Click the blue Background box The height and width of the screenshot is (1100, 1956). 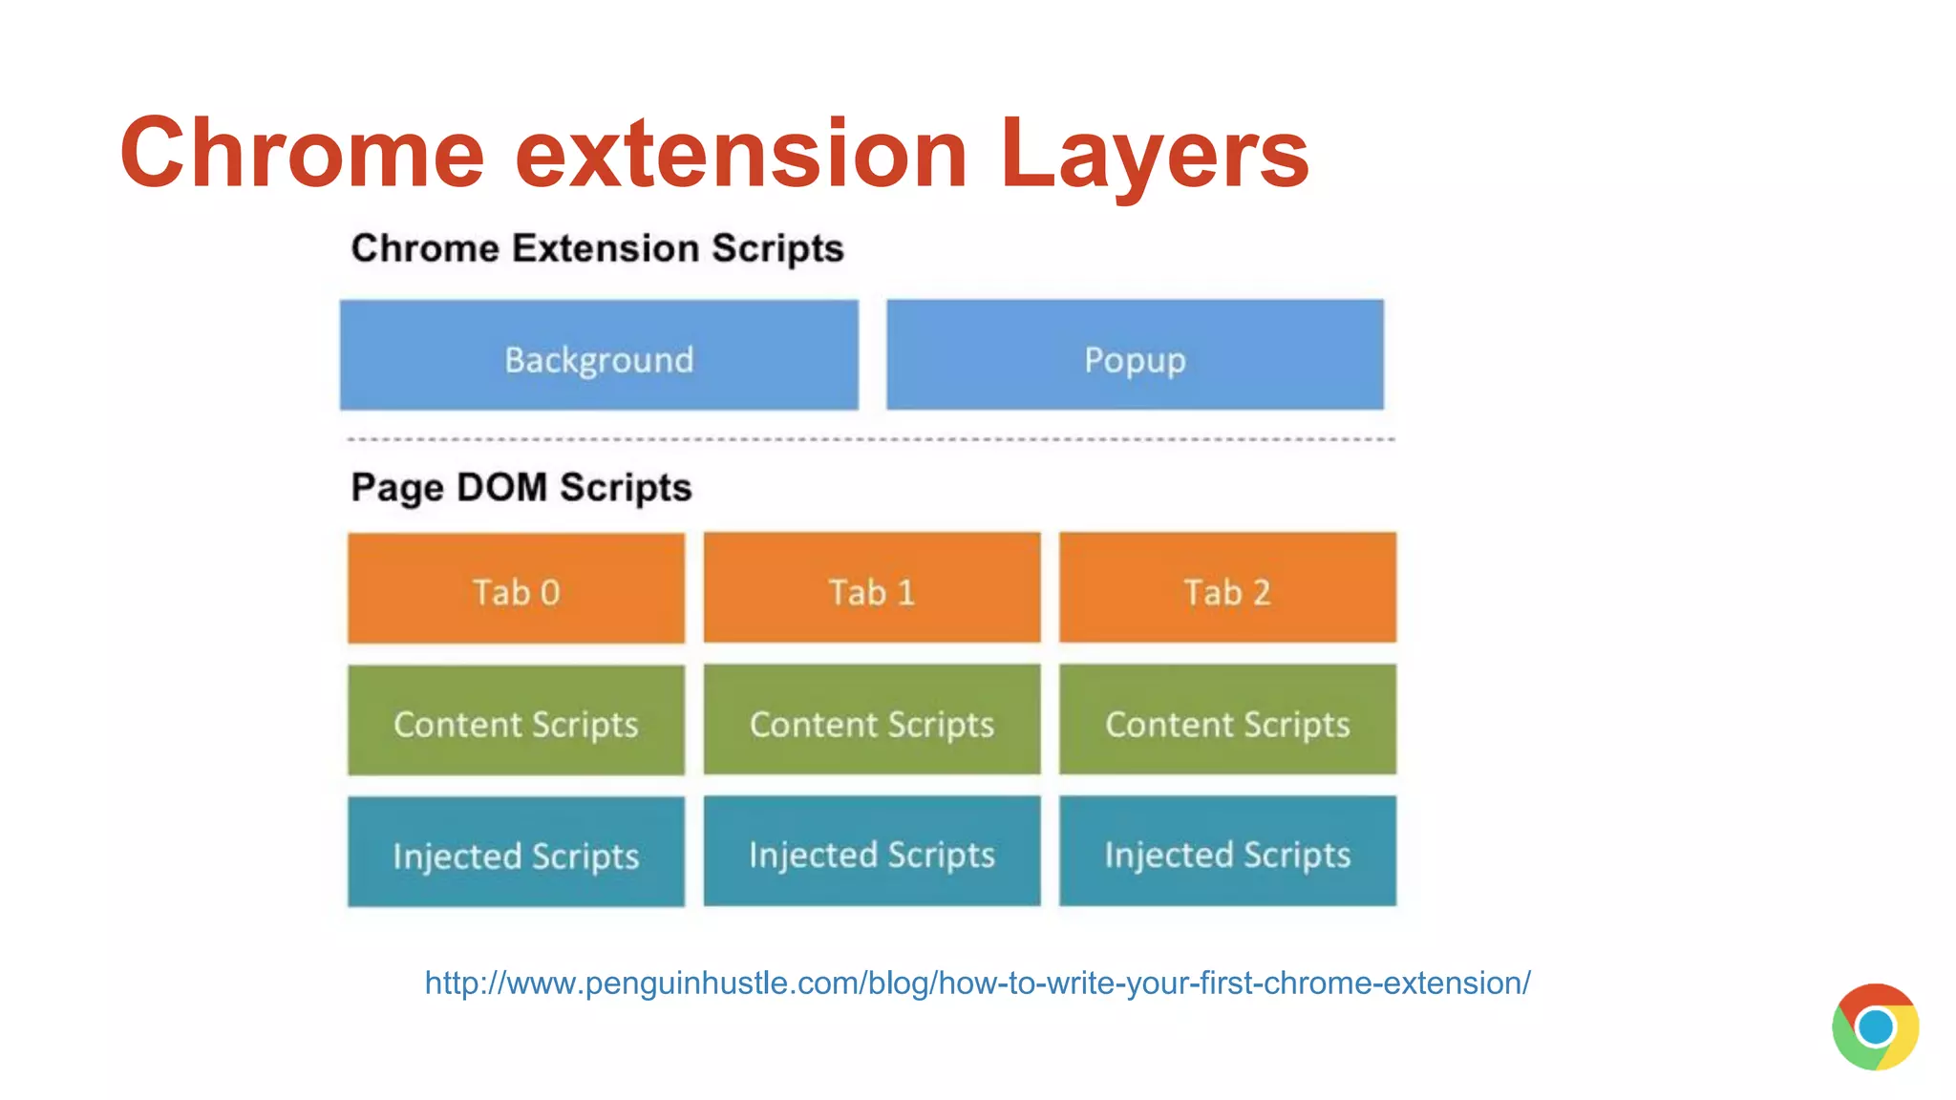599,355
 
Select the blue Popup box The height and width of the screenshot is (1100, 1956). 1135,355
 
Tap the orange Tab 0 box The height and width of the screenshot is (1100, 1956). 516,588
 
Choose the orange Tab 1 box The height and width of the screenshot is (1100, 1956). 872,588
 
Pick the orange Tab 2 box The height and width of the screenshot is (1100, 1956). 1227,588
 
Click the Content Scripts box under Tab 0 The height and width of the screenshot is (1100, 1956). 516,720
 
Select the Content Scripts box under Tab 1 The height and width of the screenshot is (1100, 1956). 872,720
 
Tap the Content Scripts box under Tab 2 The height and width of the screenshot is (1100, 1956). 1227,720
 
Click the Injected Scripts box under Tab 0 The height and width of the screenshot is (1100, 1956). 516,852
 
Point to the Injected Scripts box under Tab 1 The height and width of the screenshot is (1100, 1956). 872,852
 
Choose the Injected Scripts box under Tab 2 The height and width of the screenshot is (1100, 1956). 1227,852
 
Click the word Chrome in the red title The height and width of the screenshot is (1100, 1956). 303,153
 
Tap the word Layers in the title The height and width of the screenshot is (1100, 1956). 1154,153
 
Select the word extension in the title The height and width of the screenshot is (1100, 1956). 741,153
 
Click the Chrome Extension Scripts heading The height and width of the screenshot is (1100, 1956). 597,248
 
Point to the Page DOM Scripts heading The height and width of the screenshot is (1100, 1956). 521,487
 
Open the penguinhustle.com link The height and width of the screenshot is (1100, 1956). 977,983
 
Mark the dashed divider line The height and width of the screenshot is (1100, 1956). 871,439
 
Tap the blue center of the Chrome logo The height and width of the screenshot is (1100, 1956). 1876,1027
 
